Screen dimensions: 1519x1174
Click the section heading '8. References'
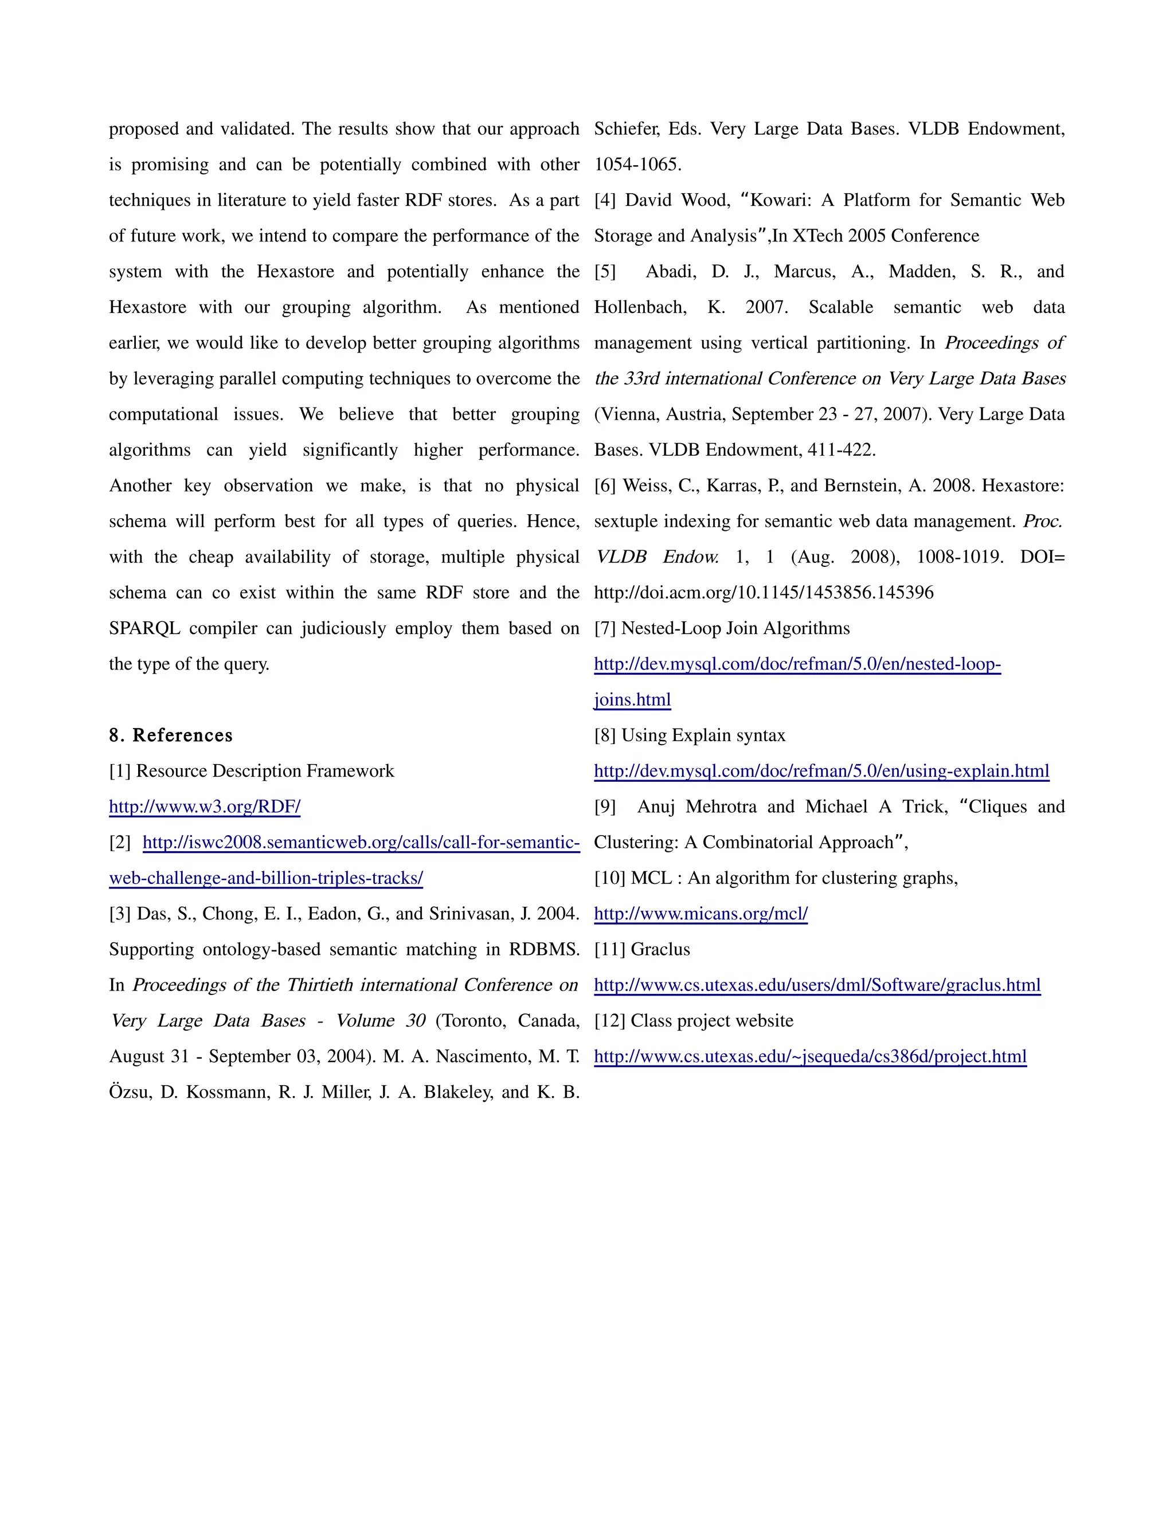coord(170,735)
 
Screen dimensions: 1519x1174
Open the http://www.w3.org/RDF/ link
coord(205,807)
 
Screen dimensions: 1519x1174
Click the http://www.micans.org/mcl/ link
coord(701,914)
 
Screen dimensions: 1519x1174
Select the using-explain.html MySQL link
coord(821,772)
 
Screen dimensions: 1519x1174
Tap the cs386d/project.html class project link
coord(809,1057)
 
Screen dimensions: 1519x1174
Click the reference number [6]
coord(605,486)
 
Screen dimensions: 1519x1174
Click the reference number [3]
coord(120,914)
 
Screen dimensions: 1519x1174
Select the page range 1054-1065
coord(637,165)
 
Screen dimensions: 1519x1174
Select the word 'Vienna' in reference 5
coord(627,414)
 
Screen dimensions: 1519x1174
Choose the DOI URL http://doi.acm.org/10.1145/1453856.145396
coord(763,593)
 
